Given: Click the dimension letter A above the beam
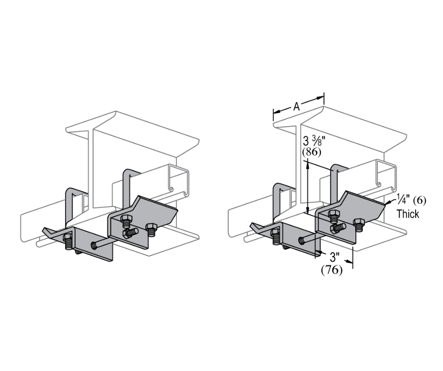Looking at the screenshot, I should coord(296,107).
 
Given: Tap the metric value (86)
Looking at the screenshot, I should coord(312,152).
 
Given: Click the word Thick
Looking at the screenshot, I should coord(408,214).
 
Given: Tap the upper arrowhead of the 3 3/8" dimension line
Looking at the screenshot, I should coord(307,162).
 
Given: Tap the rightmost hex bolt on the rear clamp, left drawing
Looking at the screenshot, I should coord(151,229).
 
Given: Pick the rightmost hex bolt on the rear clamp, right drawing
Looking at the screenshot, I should coord(359,224).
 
